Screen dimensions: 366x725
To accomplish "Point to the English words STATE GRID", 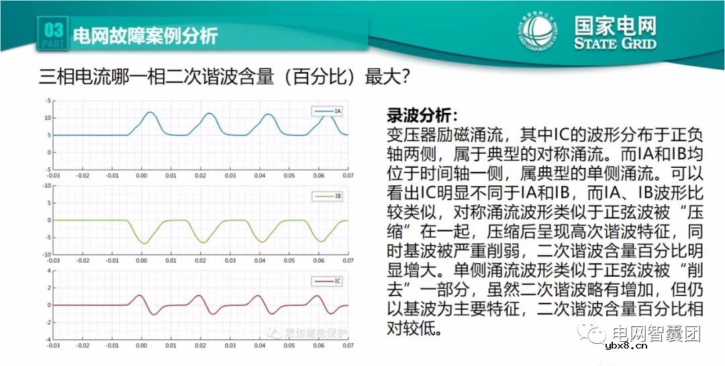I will pyautogui.click(x=615, y=44).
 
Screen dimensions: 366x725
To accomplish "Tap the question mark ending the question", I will pyautogui.click(x=405, y=76).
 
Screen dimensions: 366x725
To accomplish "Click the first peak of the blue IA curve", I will pyautogui.click(x=150, y=113).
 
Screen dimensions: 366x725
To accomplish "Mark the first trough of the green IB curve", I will pyautogui.click(x=142, y=242).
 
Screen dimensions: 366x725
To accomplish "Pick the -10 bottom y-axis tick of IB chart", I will pyautogui.click(x=46, y=255).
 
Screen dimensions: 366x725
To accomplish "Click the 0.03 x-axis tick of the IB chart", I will pyautogui.click(x=230, y=260).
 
